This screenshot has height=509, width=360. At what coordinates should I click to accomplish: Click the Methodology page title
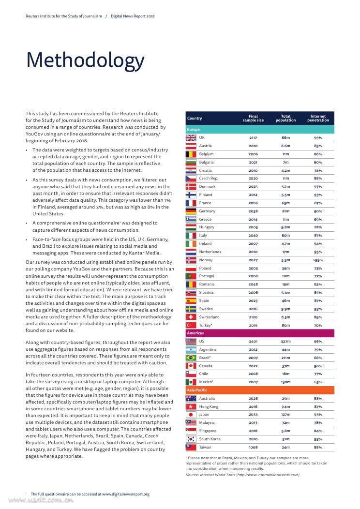coord(85,60)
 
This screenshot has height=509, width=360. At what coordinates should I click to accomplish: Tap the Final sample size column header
coord(253,118)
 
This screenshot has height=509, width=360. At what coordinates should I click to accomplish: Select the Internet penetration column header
coord(318,118)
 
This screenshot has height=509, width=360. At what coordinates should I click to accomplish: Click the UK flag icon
coord(191,137)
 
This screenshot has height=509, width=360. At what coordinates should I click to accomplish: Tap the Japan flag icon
coord(191,415)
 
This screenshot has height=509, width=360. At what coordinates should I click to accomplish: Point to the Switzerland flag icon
coord(191,317)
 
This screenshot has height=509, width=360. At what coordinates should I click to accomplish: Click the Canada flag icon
coord(191,366)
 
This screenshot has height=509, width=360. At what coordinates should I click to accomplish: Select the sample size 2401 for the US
coord(253,341)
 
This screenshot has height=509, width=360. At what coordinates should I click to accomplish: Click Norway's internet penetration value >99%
coord(318,260)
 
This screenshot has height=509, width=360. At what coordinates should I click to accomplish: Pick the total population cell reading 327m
coord(285,341)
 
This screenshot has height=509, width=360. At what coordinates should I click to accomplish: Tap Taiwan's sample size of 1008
coord(253,448)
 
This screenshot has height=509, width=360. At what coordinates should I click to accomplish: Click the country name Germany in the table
coord(207,211)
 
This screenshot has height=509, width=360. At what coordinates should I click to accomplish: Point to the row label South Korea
coord(210,439)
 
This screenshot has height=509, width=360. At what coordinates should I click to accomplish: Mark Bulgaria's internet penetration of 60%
coord(318,162)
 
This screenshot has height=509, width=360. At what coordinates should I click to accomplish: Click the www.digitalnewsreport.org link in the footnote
coord(125,494)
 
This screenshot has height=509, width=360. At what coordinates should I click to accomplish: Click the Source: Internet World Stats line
coord(242,475)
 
